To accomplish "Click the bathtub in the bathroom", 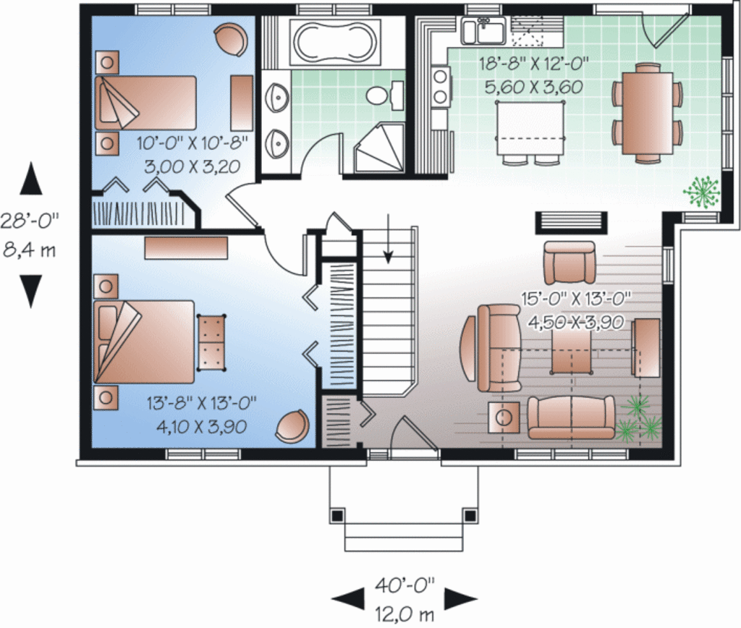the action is tap(335, 42).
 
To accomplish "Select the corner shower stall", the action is tap(379, 148).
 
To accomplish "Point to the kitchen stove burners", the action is tap(441, 86).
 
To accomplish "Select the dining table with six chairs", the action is tap(648, 113).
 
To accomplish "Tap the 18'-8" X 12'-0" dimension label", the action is tap(533, 64).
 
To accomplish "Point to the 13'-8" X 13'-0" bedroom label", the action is tap(201, 403).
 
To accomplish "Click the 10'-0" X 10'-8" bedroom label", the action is tap(192, 143).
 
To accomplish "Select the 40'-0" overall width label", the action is tap(405, 587).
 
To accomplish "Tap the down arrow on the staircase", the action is tap(388, 239).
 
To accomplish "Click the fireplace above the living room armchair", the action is tap(571, 223).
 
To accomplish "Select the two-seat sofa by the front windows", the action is tap(572, 417).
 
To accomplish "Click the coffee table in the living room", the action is tap(572, 352).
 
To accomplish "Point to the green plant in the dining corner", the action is tap(702, 192).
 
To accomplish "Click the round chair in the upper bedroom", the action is tap(230, 41).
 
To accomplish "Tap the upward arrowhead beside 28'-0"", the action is tap(30, 179).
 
